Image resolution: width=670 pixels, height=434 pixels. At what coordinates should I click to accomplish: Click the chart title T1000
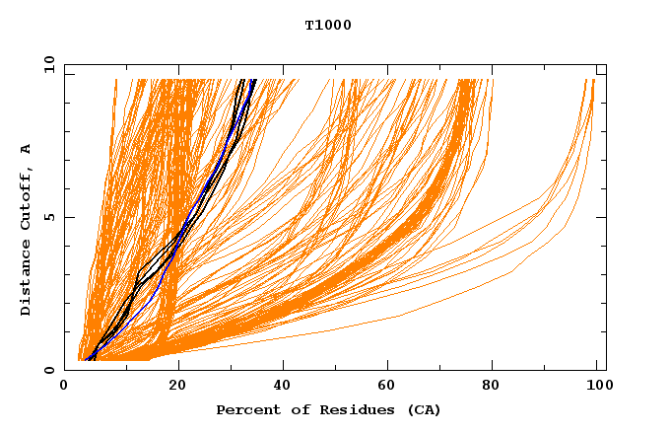328,25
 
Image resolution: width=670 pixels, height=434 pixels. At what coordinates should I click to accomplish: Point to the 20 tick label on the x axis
178,386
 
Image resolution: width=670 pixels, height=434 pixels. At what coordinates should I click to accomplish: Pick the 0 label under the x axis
65,386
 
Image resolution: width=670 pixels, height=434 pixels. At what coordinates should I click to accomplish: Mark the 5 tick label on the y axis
48,217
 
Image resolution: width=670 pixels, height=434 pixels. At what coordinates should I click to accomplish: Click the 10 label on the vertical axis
48,64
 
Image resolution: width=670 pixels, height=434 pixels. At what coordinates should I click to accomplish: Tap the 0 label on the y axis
48,370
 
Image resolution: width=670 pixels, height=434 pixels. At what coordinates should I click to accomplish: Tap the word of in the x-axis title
293,409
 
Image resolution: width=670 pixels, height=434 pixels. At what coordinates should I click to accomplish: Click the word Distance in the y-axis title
26,279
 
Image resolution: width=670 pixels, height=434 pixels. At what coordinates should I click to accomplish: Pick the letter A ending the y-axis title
26,149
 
